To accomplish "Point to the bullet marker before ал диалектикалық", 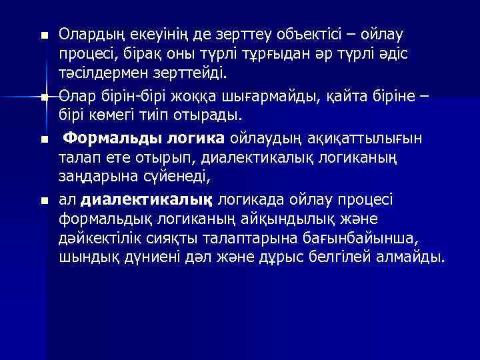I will point(45,200).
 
